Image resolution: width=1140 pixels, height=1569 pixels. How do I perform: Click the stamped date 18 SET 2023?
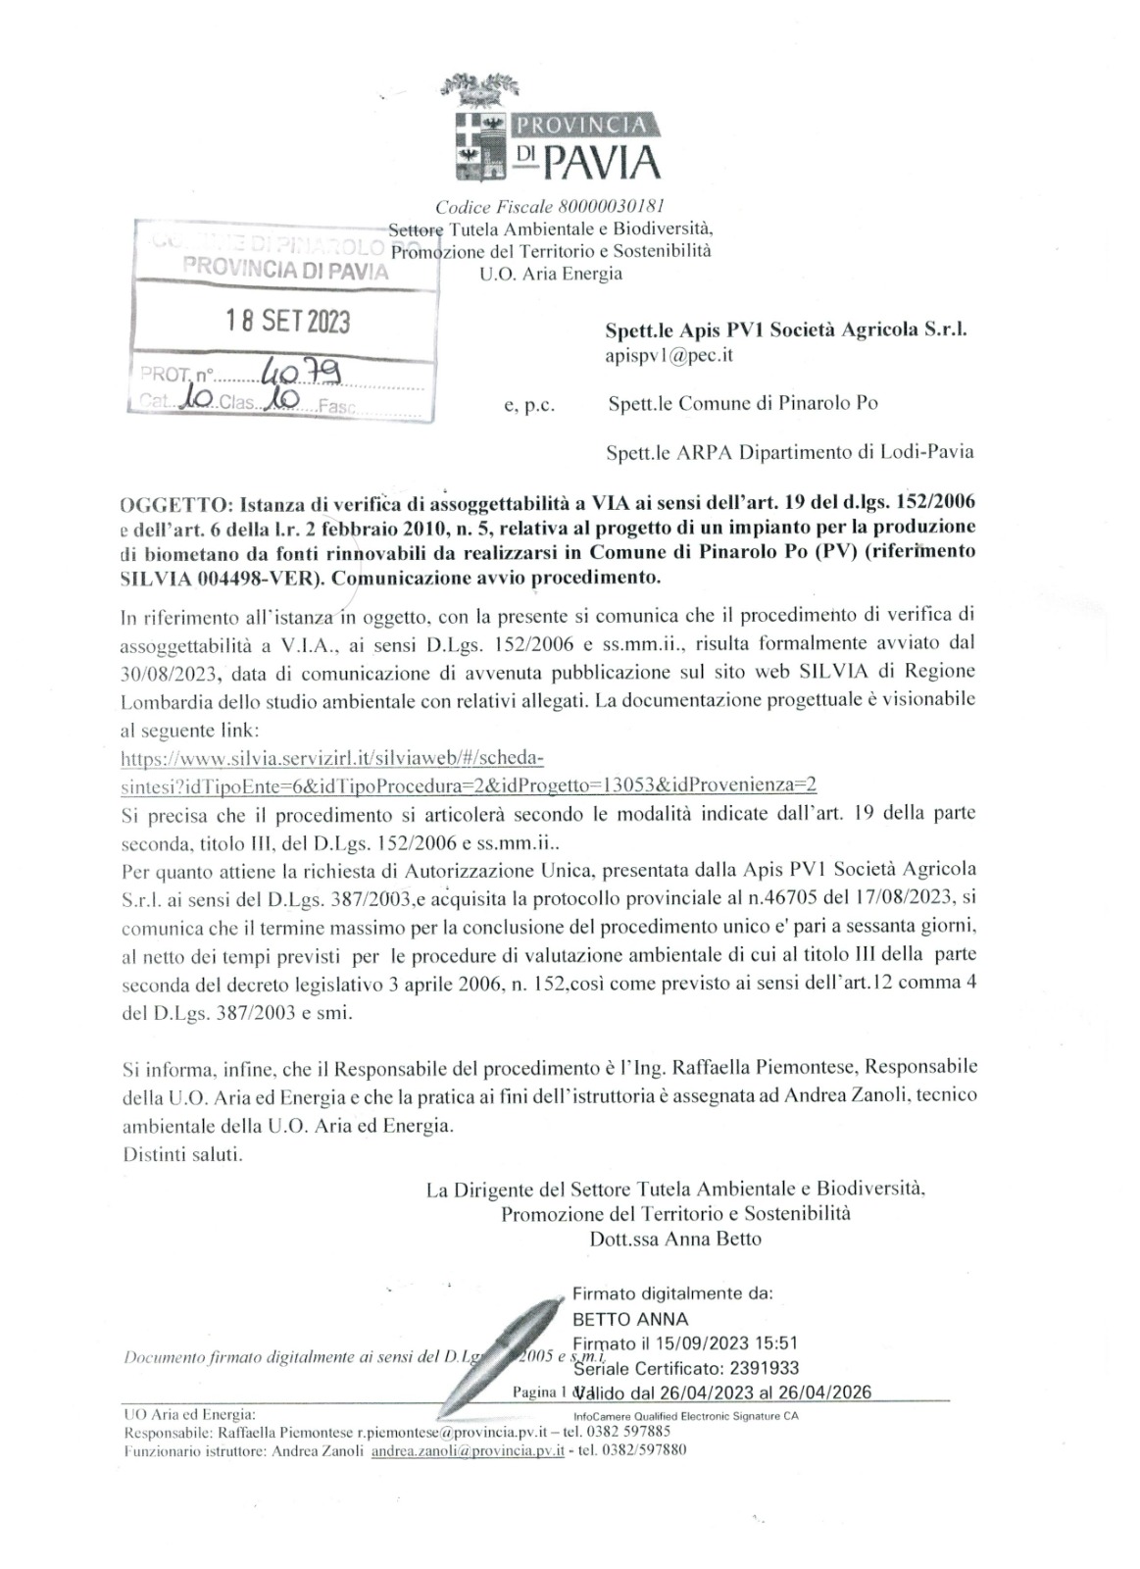point(283,322)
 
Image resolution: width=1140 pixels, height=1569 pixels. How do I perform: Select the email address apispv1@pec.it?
point(669,356)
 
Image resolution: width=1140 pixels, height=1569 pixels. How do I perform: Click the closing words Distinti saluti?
point(182,1153)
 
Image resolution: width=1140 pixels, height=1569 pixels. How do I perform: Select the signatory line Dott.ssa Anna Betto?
point(675,1238)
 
